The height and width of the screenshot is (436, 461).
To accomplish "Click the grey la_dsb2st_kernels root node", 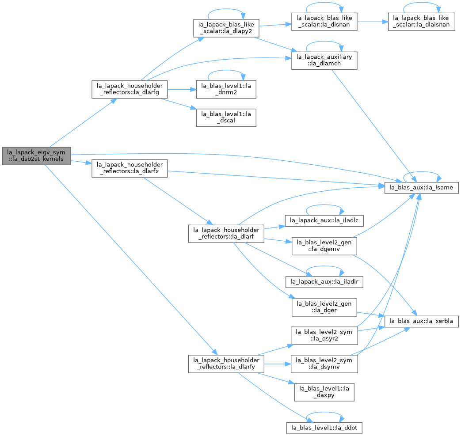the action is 36,155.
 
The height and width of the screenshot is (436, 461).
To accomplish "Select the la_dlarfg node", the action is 130,89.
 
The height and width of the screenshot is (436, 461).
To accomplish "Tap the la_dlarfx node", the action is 130,168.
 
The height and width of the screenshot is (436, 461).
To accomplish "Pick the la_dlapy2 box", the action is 226,28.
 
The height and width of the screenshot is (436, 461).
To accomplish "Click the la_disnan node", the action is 324,22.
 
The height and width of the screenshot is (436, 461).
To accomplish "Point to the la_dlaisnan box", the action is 421,22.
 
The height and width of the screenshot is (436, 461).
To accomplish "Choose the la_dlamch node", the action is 324,61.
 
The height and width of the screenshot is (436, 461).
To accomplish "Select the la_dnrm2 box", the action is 226,89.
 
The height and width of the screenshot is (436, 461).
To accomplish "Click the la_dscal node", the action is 226,118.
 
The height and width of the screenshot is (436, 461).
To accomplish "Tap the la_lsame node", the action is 421,187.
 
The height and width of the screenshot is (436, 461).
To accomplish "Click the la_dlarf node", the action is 226,234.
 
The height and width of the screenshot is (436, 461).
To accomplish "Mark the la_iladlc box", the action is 324,220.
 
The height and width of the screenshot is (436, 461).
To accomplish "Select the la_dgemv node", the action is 324,246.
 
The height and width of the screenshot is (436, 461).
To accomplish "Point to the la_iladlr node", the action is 324,282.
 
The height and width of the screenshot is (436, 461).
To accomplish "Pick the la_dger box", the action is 324,307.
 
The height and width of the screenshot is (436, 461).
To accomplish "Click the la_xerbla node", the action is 421,321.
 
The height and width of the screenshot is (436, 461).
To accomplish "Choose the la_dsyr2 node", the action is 324,336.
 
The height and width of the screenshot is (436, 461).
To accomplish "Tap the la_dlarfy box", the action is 226,364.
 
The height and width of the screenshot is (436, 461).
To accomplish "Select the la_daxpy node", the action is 324,392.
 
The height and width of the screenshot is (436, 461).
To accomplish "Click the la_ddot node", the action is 324,428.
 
